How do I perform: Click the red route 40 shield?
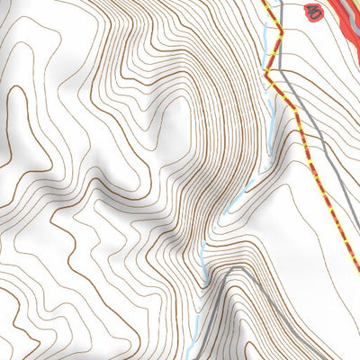point(313,13)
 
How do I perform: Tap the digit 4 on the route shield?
point(310,13)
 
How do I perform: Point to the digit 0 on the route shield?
point(316,13)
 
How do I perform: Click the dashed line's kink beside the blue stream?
point(281,33)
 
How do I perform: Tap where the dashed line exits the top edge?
point(265,2)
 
